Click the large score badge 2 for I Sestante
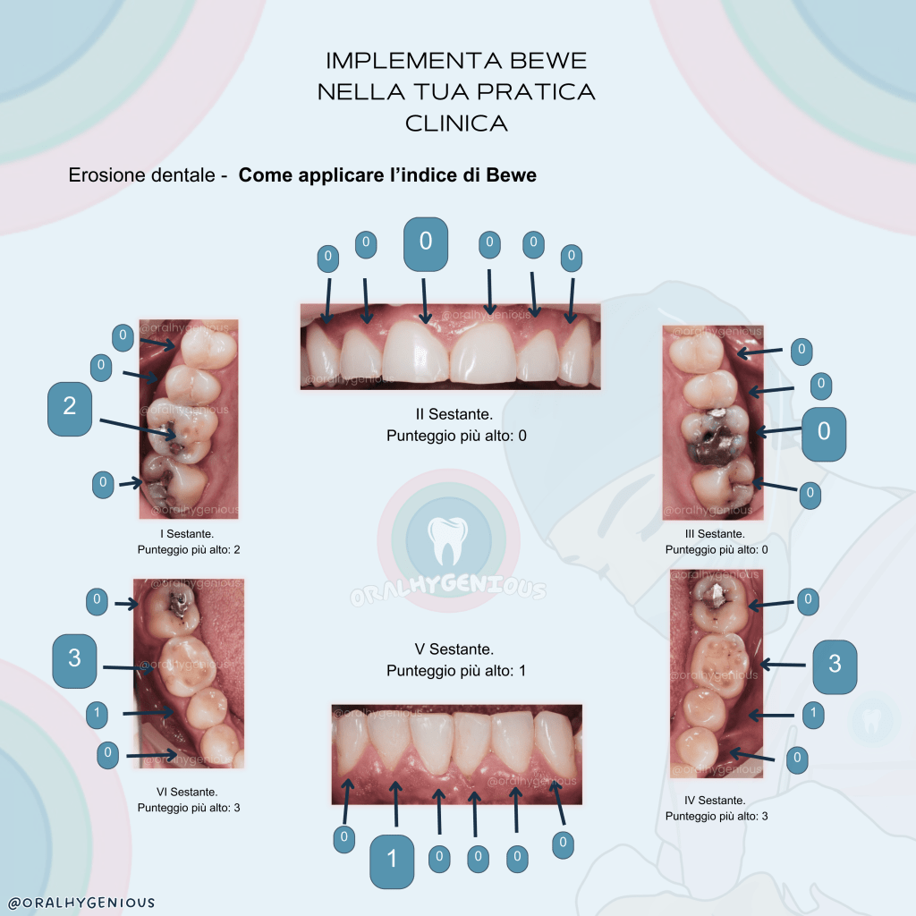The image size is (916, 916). [x=70, y=407]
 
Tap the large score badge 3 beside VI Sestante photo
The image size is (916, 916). [x=75, y=659]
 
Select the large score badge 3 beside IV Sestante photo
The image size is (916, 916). [x=834, y=664]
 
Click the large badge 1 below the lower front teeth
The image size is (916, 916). [x=392, y=860]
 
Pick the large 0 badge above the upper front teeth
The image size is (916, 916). [x=426, y=242]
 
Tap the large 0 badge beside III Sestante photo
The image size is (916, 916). [x=824, y=432]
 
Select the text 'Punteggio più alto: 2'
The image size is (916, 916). [x=189, y=549]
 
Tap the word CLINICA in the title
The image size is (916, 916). [x=456, y=123]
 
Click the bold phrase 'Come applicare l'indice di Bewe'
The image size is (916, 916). [x=387, y=175]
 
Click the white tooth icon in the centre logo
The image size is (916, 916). [x=448, y=539]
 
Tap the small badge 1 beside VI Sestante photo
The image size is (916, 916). [x=98, y=714]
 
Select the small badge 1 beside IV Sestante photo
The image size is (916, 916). [x=812, y=714]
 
